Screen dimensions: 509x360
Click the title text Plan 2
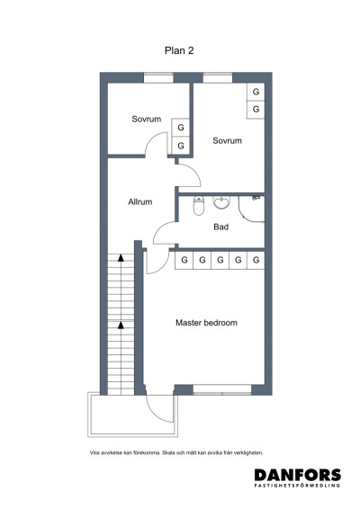[x=179, y=50]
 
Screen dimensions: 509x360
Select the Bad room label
[x=220, y=227]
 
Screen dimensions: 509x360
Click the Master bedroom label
[x=206, y=322]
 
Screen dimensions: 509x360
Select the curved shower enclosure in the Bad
[x=255, y=207]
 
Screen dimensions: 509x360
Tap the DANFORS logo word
[x=297, y=475]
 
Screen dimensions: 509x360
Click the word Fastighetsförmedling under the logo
[x=297, y=487]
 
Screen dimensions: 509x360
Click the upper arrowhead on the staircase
[x=121, y=259]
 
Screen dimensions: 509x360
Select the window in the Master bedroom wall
[x=221, y=388]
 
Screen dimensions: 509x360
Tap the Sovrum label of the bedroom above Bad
[x=227, y=141]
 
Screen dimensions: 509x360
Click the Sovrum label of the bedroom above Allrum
[x=146, y=119]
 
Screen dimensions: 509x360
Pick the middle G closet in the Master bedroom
[x=220, y=260]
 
